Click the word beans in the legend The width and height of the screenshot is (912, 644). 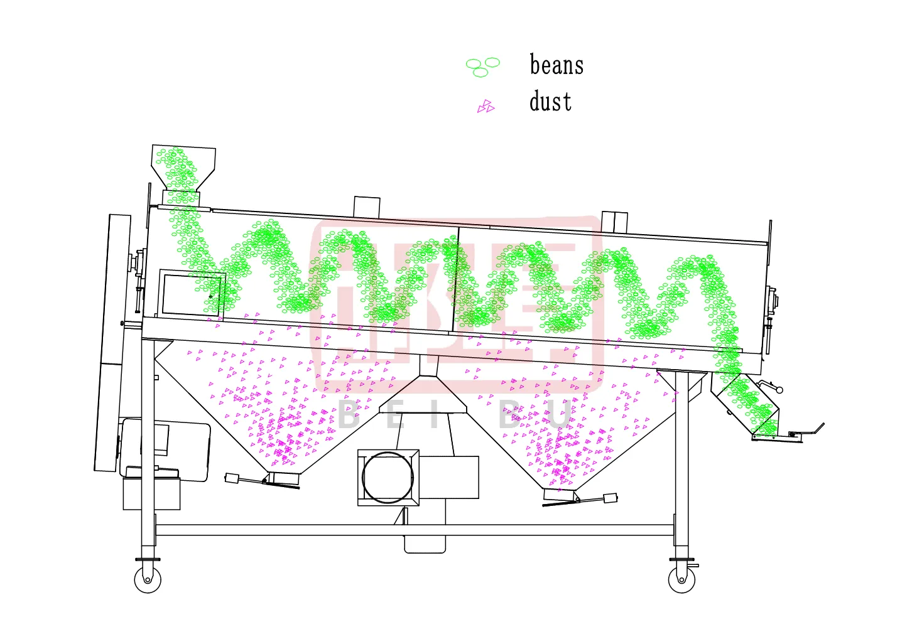556,65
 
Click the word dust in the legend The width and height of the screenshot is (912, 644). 550,102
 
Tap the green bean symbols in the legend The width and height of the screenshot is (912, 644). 482,67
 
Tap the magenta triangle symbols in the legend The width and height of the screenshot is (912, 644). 486,107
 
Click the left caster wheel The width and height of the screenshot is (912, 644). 148,580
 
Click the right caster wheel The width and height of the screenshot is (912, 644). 681,580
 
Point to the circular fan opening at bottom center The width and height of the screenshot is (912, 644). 388,478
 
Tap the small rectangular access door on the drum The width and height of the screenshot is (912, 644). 192,293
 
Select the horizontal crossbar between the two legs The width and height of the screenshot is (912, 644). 415,530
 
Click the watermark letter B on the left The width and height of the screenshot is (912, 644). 349,415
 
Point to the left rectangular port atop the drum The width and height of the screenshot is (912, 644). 367,207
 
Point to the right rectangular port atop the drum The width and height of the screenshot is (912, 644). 615,222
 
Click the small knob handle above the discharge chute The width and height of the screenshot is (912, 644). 779,390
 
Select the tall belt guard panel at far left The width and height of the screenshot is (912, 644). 112,342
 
